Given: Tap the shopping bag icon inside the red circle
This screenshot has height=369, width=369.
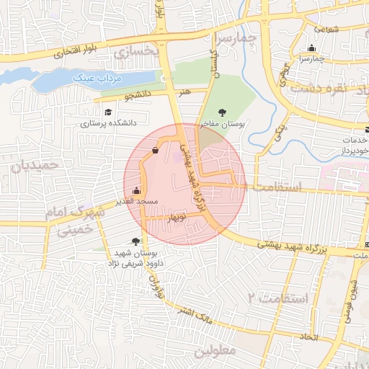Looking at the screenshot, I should click(156, 151).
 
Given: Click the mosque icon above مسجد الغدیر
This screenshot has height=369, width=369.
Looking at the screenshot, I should click(137, 191).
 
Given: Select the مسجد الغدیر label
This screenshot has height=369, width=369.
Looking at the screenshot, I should click(137, 202).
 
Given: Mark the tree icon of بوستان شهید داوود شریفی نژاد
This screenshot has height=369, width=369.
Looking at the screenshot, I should click(136, 241).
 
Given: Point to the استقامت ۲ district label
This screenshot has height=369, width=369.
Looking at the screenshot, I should click(277, 298).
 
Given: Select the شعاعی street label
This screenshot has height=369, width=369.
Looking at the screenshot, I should click(325, 29).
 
